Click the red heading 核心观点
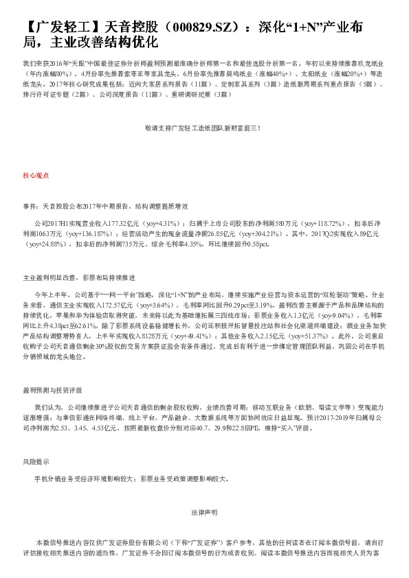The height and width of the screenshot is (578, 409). click(36, 176)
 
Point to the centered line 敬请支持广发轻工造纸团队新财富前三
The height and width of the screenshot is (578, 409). click(203, 128)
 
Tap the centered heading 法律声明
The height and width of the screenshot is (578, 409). click(203, 512)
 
